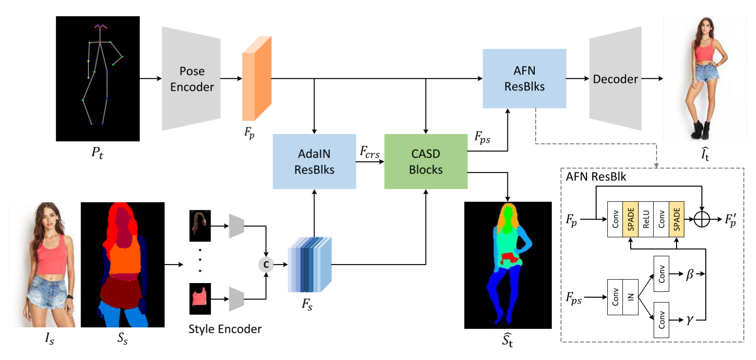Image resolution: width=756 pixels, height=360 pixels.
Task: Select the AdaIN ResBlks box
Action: coord(314,161)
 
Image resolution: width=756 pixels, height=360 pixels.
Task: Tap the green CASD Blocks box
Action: coord(426,161)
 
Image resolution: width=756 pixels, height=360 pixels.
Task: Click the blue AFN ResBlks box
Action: coord(524,78)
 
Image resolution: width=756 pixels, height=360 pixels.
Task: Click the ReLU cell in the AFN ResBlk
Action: coord(646,220)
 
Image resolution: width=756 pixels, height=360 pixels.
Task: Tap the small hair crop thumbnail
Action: coord(199,226)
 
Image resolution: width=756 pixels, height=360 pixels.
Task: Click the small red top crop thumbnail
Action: coord(199,298)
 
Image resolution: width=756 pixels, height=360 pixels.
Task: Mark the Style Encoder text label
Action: coord(225,329)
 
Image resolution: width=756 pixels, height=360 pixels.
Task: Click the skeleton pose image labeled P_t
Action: coord(98,78)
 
